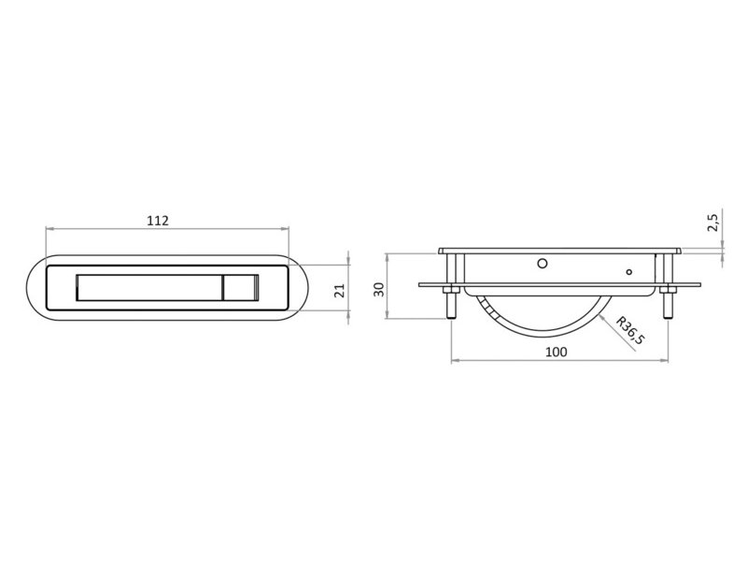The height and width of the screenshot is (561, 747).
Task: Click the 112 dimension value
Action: point(158,221)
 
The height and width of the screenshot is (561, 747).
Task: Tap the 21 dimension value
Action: point(339,291)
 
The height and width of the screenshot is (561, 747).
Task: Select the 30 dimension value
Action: point(379,290)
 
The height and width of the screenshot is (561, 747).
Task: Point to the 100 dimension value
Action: point(556,352)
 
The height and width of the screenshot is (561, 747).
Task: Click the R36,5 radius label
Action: point(630,330)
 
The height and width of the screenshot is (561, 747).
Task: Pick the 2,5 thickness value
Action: point(712,223)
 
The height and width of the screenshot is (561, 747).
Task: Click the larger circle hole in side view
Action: point(543,264)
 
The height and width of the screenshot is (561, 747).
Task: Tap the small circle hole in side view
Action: point(628,272)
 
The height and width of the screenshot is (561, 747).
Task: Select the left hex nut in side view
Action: point(451,290)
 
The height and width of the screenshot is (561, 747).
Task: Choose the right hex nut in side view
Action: point(668,290)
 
